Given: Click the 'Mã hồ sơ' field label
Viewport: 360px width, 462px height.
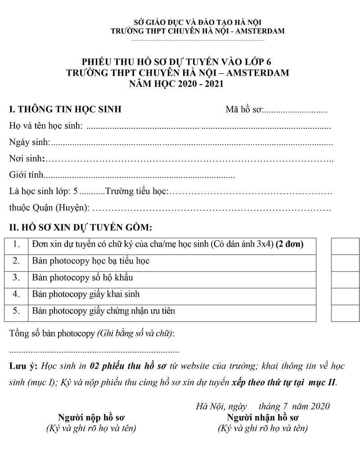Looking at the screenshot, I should [x=244, y=110].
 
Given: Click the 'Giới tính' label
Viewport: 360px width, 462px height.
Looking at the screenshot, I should [x=27, y=176].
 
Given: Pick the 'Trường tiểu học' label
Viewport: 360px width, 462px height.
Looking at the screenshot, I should [x=136, y=192].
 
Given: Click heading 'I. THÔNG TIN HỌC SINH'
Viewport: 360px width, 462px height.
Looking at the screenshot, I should [x=65, y=109].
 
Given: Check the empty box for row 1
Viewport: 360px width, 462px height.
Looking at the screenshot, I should [x=345, y=246].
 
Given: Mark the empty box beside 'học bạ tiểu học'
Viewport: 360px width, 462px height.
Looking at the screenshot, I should [x=345, y=263].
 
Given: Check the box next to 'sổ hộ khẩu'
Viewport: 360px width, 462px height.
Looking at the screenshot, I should [x=345, y=279].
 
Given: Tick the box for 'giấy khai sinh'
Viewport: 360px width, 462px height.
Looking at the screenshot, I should [x=345, y=296].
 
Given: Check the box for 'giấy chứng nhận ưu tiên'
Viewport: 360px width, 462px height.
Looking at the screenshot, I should [x=345, y=313].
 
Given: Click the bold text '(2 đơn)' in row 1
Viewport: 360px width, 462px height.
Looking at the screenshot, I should [x=289, y=245].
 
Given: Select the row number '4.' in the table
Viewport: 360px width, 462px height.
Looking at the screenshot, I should [x=16, y=294].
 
